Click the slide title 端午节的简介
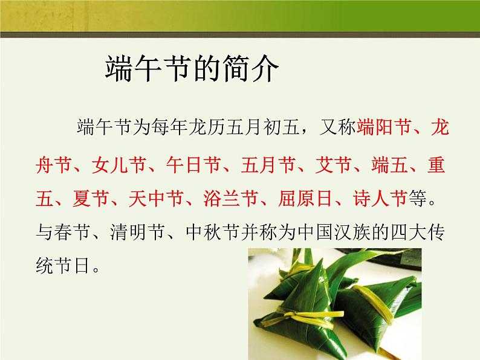pyautogui.click(x=192, y=70)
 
